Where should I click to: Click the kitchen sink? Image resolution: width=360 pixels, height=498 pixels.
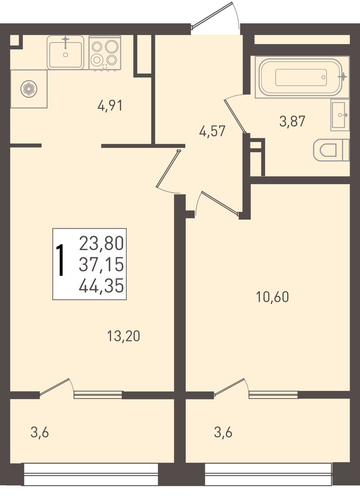pyautogui.click(x=65, y=52)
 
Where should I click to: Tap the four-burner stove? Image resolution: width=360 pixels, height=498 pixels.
pyautogui.click(x=105, y=53)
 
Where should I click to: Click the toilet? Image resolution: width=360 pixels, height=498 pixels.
pyautogui.click(x=331, y=150)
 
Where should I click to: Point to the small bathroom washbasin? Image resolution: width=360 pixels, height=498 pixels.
pyautogui.click(x=340, y=115)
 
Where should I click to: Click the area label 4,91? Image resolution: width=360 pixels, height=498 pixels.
pyautogui.click(x=110, y=106)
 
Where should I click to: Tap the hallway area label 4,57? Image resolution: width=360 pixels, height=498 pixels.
pyautogui.click(x=212, y=131)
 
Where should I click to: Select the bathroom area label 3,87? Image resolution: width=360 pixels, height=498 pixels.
pyautogui.click(x=292, y=121)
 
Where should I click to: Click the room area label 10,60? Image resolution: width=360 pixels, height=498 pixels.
pyautogui.click(x=272, y=297)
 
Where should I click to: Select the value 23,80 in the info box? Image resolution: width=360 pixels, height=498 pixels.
pyautogui.click(x=101, y=243)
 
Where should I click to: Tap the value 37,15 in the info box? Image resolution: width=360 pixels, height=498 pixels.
pyautogui.click(x=101, y=265)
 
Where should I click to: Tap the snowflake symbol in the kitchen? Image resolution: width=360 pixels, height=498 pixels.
pyautogui.click(x=29, y=89)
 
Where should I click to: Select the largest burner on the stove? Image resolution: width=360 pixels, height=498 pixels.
pyautogui.click(x=111, y=46)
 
